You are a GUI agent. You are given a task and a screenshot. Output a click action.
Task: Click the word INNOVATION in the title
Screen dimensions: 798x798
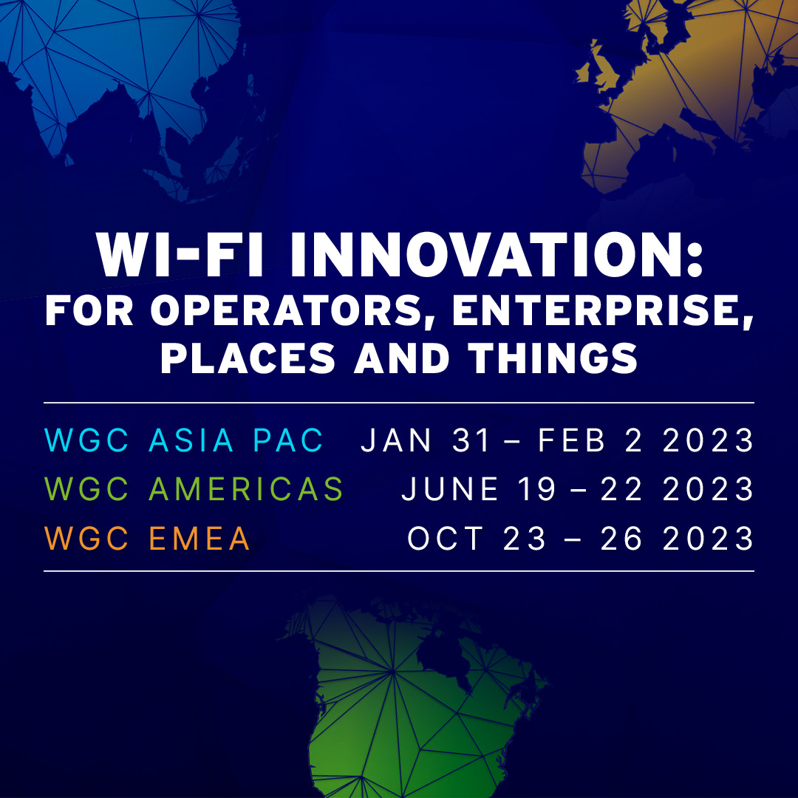click(x=497, y=254)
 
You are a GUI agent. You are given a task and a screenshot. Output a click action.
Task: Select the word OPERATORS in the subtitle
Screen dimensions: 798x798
click(x=287, y=311)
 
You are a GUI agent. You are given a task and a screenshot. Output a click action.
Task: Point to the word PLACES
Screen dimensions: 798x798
click(x=248, y=358)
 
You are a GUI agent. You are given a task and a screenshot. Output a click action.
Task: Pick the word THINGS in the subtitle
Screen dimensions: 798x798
click(x=553, y=358)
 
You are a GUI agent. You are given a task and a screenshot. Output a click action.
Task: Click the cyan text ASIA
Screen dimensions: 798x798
click(x=191, y=440)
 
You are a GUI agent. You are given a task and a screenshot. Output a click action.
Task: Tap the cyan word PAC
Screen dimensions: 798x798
click(x=288, y=440)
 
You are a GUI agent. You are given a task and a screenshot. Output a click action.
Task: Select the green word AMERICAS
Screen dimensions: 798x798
click(x=246, y=489)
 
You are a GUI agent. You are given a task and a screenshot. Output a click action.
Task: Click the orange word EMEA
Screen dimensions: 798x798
click(x=199, y=539)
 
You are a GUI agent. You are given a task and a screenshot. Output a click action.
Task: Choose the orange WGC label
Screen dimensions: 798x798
click(x=86, y=539)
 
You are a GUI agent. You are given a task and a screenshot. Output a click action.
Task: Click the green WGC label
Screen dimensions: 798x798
click(x=86, y=489)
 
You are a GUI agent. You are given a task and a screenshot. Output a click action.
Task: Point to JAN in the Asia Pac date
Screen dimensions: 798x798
click(x=396, y=440)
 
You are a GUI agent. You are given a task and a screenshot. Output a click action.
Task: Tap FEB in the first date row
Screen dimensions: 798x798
click(x=571, y=440)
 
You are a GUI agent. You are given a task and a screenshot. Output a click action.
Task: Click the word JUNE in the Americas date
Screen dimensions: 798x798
click(x=450, y=489)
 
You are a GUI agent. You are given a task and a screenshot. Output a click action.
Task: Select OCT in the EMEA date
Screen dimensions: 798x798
click(x=446, y=539)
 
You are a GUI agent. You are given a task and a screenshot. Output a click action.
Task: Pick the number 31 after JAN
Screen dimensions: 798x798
click(x=471, y=440)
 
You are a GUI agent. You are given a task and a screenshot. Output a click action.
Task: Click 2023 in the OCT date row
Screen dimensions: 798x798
click(x=708, y=539)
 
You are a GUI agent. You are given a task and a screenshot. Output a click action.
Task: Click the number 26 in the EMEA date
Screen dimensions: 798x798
click(x=621, y=539)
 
